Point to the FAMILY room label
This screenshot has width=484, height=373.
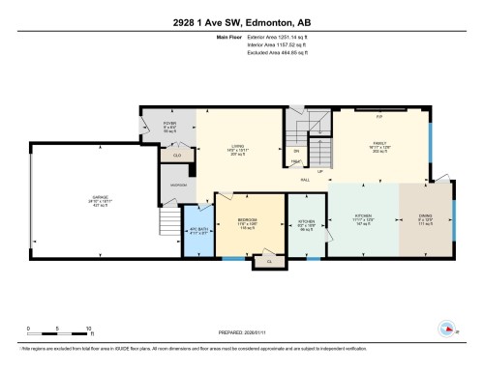point(379,143)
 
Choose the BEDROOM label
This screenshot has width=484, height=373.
point(249,220)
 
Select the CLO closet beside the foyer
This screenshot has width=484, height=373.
point(176,155)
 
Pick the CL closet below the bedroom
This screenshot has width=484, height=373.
point(270,259)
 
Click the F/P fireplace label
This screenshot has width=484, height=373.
point(379,116)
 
